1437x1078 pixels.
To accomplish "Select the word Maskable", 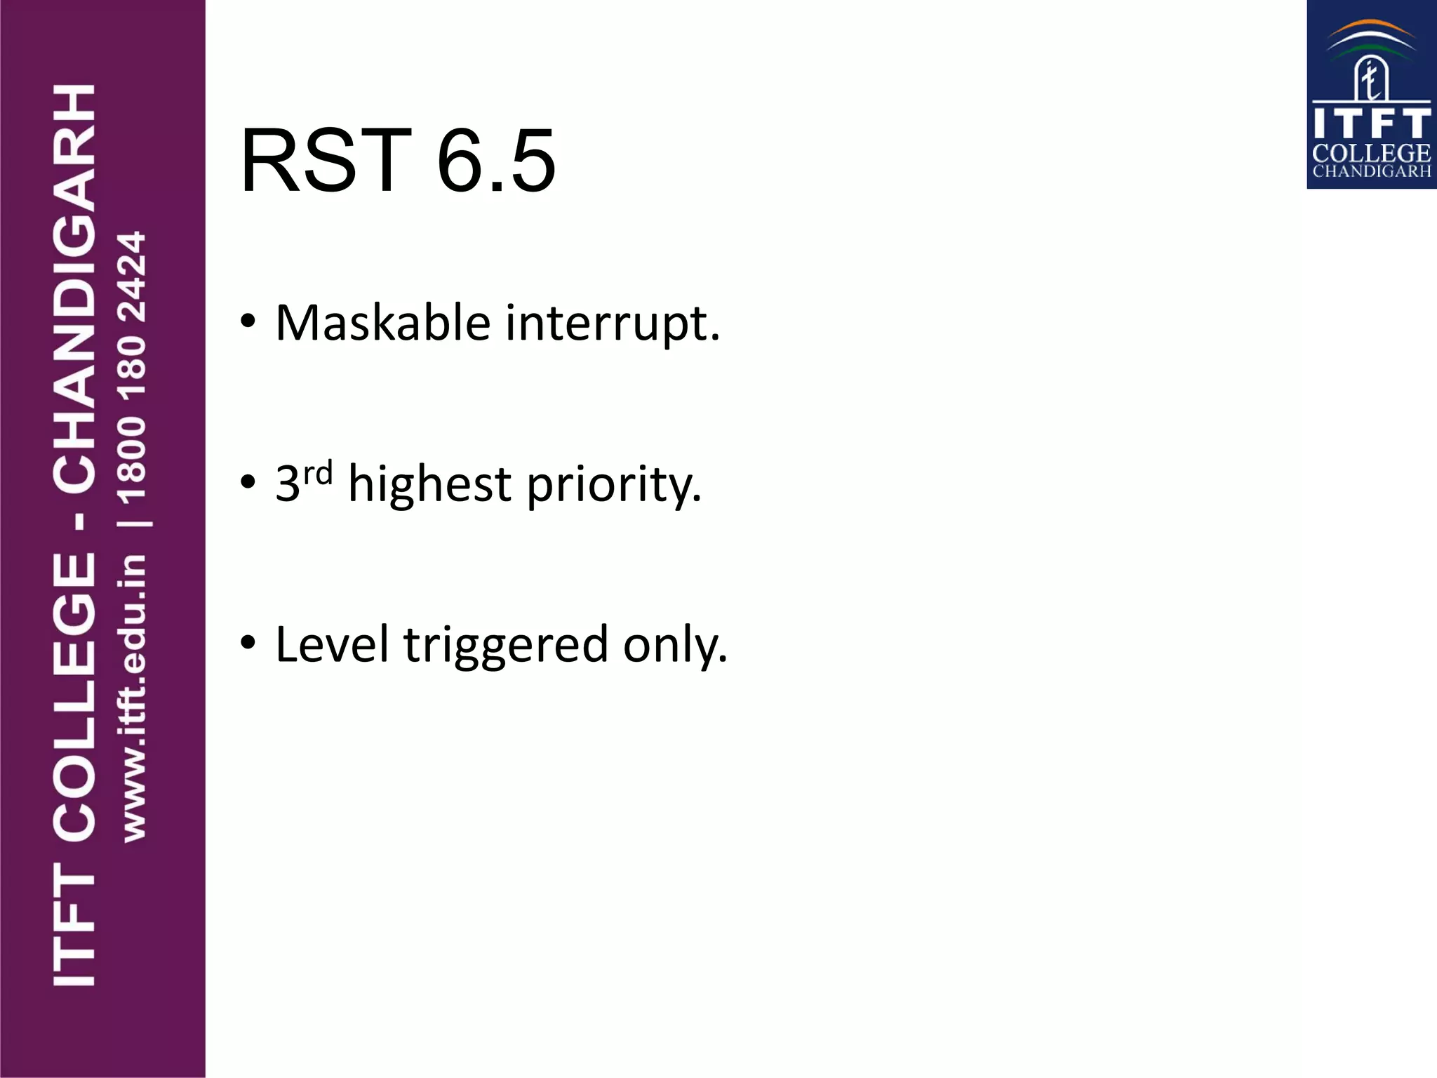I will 382,324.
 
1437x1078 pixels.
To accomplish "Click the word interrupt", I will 613,325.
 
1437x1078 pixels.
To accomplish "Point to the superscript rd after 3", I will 318,474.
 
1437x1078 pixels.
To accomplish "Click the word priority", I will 614,486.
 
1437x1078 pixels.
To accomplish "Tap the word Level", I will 332,644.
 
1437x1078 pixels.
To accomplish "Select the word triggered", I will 506,646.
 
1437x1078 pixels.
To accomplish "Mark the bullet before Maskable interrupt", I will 248,321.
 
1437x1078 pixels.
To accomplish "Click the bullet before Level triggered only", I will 248,642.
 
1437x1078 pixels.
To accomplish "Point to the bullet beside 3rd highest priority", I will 248,482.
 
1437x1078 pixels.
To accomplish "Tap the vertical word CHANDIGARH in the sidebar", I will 74,288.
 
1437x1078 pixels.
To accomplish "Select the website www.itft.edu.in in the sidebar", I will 133,698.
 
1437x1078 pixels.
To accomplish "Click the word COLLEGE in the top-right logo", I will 1371,154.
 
